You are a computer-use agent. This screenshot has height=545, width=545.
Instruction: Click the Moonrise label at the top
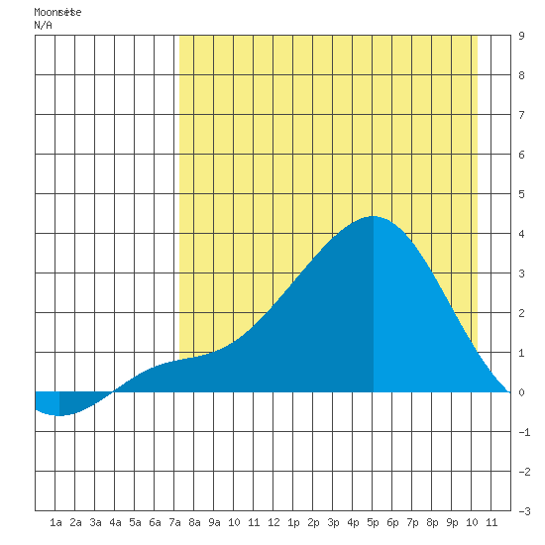coord(57,12)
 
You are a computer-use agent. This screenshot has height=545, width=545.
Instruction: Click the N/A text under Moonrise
coord(43,25)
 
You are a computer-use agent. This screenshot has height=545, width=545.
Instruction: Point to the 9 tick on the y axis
coord(521,36)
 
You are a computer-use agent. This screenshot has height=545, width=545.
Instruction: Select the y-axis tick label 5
coord(521,194)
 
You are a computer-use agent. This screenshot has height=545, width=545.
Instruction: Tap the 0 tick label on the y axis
coord(521,392)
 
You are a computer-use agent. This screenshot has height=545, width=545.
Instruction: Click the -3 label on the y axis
coord(524,511)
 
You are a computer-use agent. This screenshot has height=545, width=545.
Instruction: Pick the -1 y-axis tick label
coord(524,432)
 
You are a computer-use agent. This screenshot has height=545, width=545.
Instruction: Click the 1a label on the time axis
coord(55,522)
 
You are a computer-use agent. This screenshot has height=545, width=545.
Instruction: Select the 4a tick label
coord(115,522)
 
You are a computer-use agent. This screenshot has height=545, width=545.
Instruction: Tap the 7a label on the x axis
coord(174,522)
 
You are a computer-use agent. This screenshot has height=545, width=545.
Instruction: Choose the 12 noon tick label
coord(273,522)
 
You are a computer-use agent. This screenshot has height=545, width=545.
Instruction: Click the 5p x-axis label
coord(373,522)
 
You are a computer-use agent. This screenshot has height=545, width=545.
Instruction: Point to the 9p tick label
coord(452,522)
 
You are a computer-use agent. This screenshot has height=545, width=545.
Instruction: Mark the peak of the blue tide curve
coord(373,216)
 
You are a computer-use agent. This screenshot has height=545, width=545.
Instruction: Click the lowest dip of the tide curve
coord(59,415)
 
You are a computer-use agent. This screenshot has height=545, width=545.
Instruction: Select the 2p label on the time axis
coord(313,522)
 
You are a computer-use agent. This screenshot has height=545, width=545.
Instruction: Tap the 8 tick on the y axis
coord(521,75)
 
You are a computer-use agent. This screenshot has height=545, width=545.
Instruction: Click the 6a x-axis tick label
coord(155,522)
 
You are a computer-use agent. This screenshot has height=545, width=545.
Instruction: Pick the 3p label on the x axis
coord(333,522)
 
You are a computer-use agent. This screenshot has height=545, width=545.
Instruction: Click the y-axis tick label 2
coord(521,313)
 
